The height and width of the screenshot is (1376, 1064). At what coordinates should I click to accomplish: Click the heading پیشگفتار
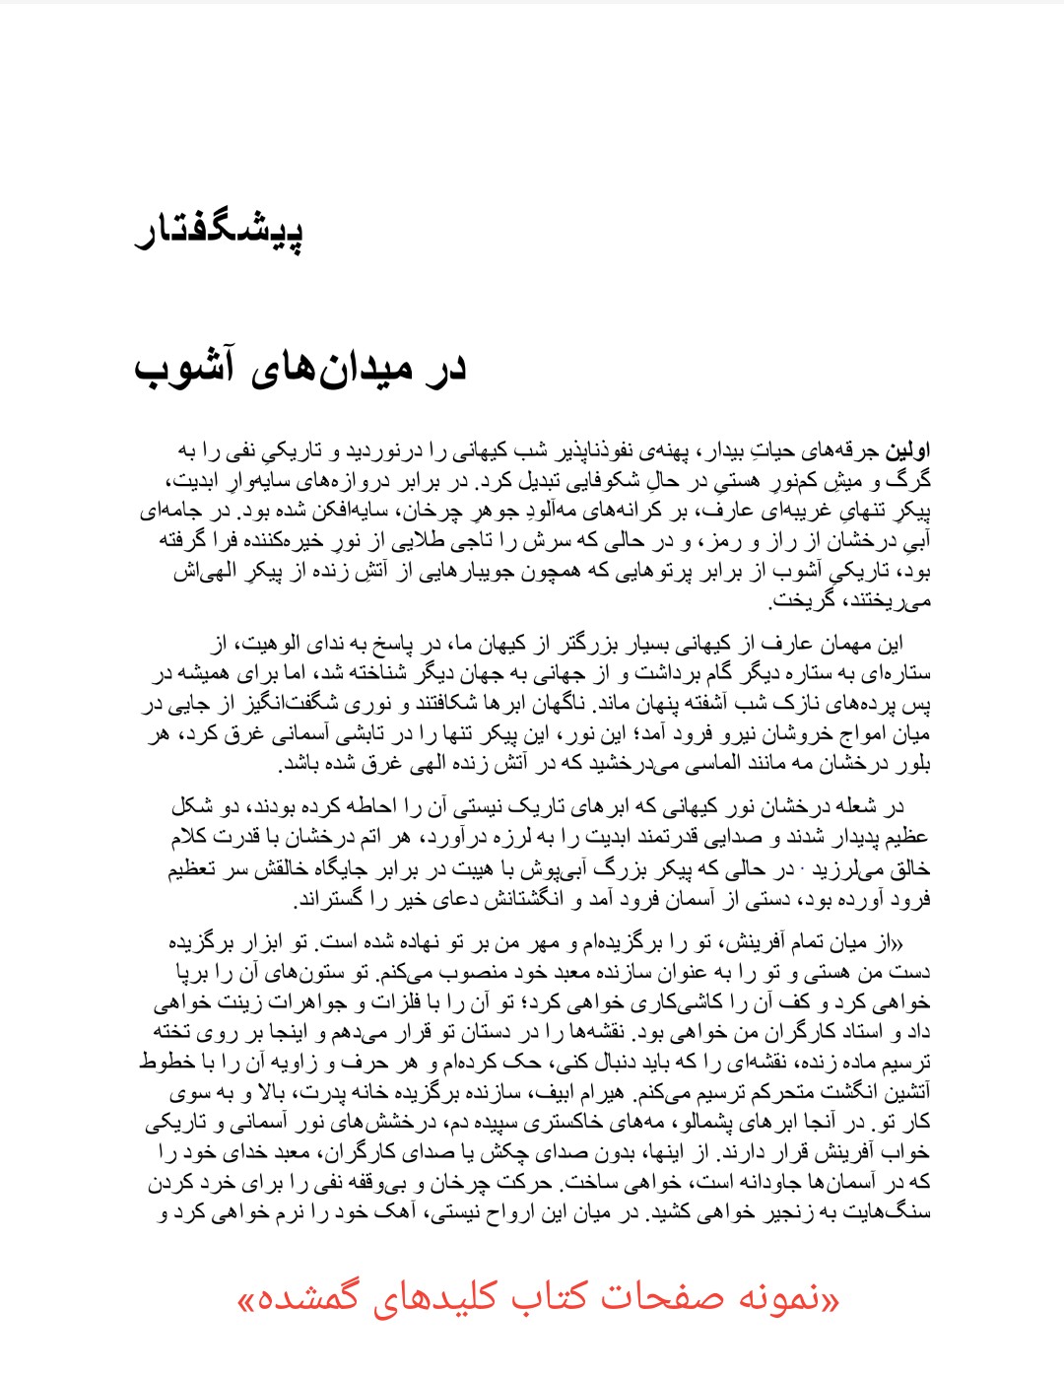[x=219, y=231]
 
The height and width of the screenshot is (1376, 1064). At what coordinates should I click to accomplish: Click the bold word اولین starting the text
[x=908, y=451]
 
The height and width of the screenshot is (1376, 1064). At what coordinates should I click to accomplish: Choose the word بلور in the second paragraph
[x=912, y=764]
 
